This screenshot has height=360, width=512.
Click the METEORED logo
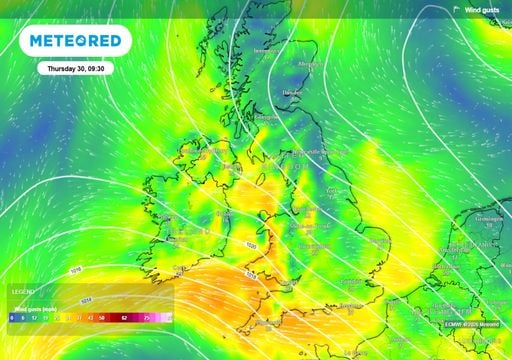point(75,41)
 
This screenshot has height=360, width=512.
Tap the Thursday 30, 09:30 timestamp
point(76,70)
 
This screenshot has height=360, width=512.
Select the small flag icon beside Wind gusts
point(456,9)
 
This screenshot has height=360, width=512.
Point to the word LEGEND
point(22,291)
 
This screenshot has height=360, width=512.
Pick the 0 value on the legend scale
point(11,316)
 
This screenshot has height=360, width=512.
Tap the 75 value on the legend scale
point(148,316)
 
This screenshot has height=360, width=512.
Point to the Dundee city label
point(293,92)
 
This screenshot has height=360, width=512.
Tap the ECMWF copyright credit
point(474,322)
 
